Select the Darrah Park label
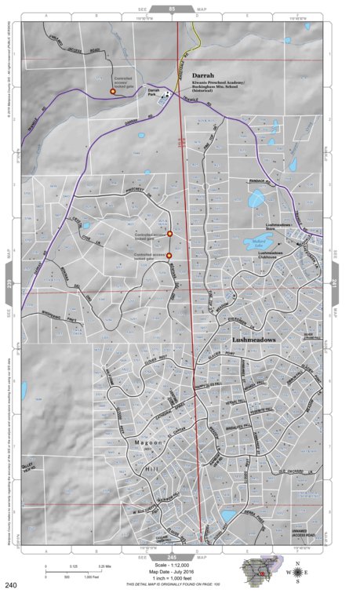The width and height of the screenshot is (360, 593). [x=154, y=92]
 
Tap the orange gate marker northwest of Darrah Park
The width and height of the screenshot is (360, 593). [x=113, y=92]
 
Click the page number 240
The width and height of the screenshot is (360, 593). [x=11, y=584]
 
